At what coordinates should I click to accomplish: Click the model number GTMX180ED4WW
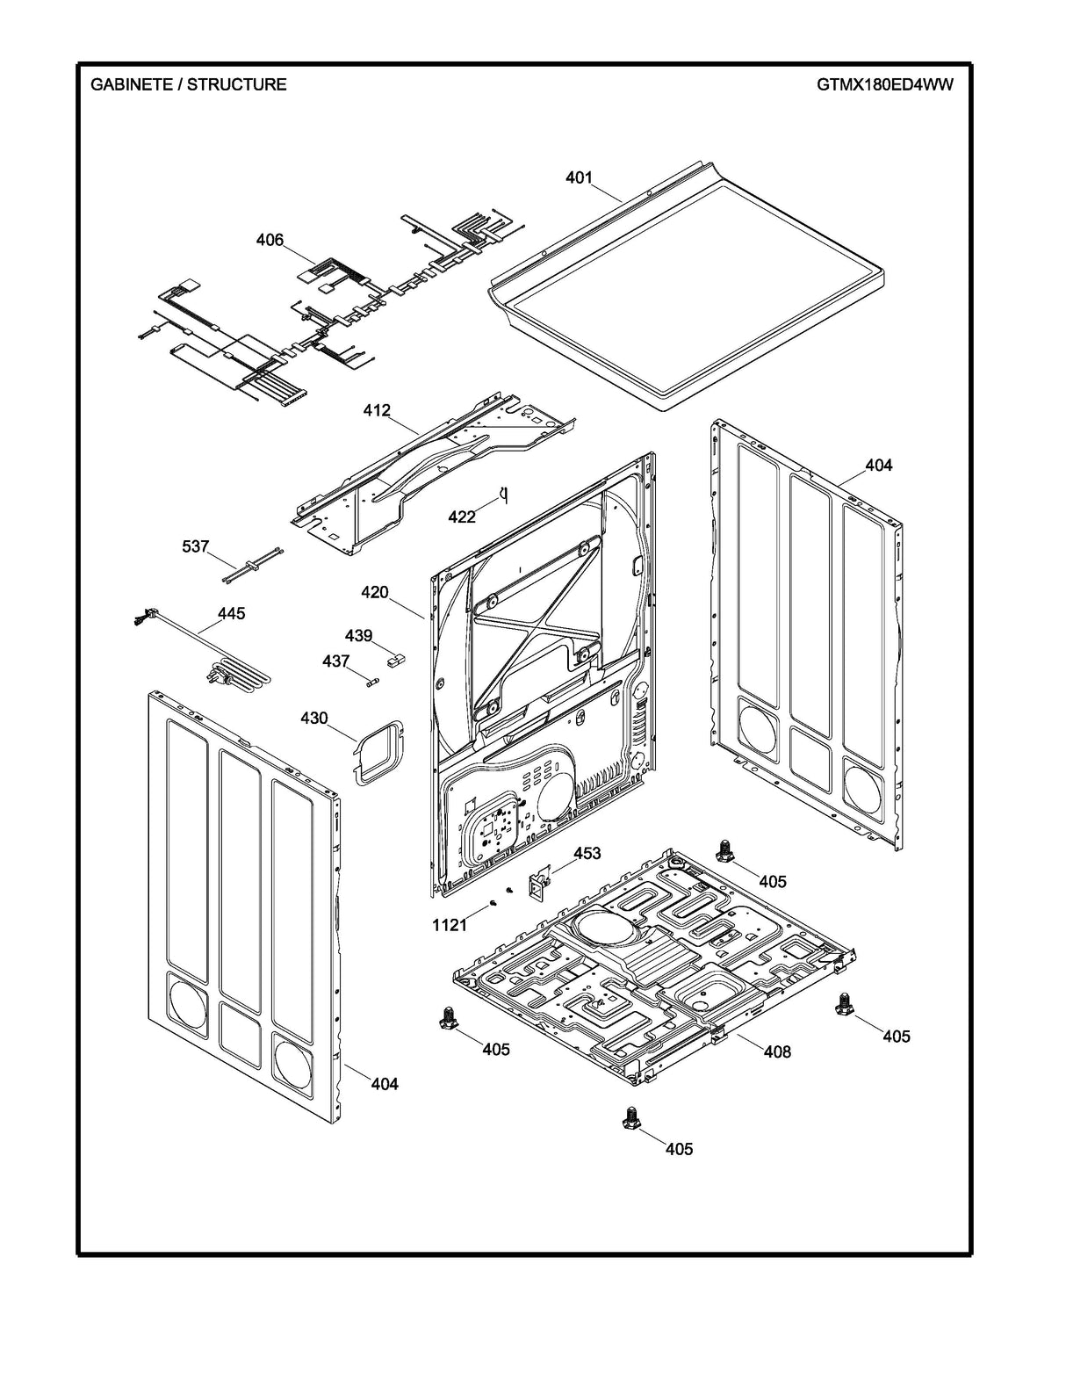884,85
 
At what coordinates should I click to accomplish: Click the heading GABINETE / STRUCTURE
189,85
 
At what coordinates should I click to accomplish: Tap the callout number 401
578,178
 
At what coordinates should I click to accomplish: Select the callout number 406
270,240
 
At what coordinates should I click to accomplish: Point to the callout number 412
377,410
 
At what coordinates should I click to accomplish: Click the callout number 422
462,517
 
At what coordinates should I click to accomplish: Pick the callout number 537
195,547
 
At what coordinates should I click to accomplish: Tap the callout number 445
231,613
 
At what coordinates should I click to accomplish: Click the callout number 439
358,635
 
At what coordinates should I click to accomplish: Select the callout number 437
335,661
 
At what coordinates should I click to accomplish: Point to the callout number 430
313,719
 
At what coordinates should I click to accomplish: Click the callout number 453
587,853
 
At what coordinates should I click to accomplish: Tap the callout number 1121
449,925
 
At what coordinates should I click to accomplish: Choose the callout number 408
777,1051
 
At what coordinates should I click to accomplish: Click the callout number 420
374,592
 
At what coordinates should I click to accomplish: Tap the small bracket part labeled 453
538,883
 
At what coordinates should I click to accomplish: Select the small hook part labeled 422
504,496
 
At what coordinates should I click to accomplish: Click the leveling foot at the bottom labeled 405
629,1118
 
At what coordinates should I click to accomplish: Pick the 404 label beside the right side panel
878,465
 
